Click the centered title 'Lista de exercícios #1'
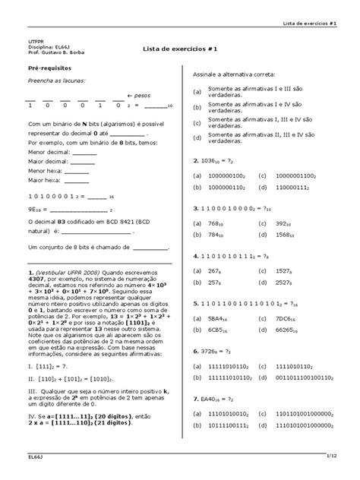point(181,49)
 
